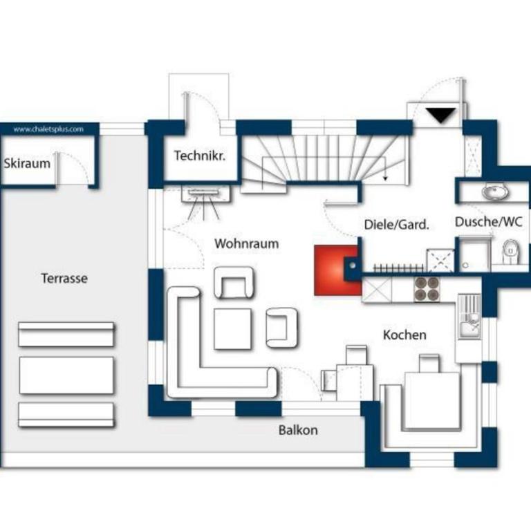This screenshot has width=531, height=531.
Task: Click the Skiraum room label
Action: coord(27,164)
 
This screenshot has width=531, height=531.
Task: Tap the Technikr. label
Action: coord(200,156)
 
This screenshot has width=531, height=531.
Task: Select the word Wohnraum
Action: coord(247,243)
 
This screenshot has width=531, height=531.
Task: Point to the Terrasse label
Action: coord(64,279)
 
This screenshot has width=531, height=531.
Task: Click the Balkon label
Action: coord(298,430)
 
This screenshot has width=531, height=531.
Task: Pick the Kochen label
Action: coord(404,335)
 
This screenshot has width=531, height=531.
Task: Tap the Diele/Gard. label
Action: coord(397,225)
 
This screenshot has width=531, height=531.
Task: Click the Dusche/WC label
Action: coord(488,222)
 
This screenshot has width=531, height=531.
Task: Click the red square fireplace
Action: coord(337,270)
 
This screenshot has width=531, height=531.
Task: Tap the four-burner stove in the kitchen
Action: coord(427,289)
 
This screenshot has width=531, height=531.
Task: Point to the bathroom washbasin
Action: coord(495,192)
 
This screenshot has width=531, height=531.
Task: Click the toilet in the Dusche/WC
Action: coord(511,251)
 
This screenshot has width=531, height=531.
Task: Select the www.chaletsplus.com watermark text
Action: coord(48,129)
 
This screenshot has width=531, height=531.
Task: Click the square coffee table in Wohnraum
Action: coord(233,329)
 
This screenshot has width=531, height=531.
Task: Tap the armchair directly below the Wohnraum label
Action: coord(234,282)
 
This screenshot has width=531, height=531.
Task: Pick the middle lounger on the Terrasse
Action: coord(66,375)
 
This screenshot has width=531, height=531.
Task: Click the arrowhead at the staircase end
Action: coord(385,178)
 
